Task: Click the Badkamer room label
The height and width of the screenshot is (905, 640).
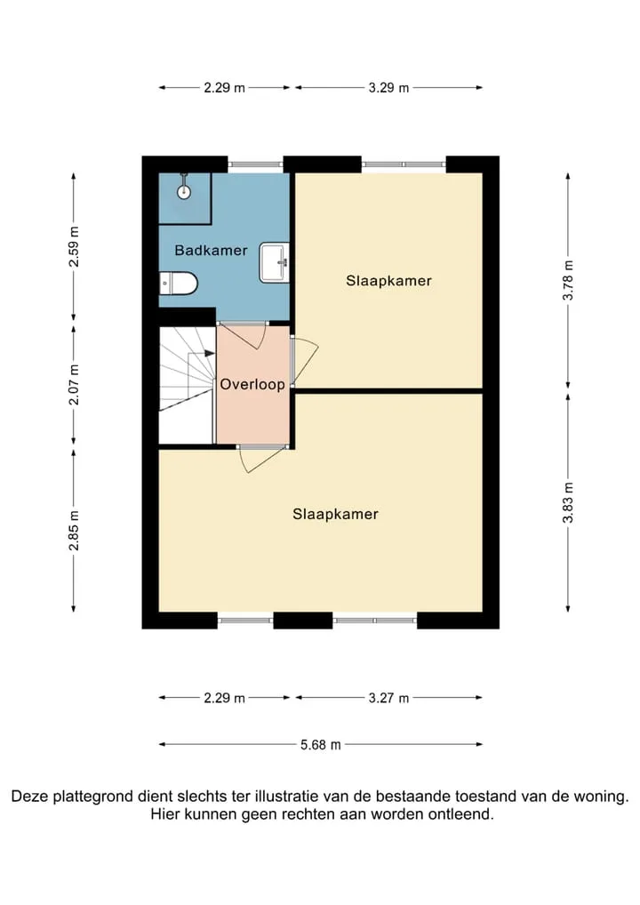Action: pyautogui.click(x=212, y=251)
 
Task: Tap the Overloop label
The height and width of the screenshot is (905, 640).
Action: pyautogui.click(x=252, y=384)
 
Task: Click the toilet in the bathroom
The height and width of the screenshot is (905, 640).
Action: pyautogui.click(x=179, y=284)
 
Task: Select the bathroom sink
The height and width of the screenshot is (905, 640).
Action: pyautogui.click(x=274, y=262)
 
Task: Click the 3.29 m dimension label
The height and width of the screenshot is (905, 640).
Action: pyautogui.click(x=388, y=88)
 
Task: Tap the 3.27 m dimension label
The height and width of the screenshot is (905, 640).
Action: pyautogui.click(x=388, y=698)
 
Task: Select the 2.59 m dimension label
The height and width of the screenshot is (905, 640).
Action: pyautogui.click(x=74, y=246)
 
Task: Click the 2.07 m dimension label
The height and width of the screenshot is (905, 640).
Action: pyautogui.click(x=74, y=384)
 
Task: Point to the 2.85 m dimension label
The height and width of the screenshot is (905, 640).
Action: pyautogui.click(x=74, y=530)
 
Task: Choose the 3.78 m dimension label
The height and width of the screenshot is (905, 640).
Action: pyautogui.click(x=568, y=280)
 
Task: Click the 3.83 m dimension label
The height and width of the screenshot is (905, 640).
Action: pyautogui.click(x=568, y=502)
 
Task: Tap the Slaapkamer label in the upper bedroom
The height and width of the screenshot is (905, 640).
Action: pyautogui.click(x=388, y=281)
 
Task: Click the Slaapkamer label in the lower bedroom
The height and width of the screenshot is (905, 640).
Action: pyautogui.click(x=335, y=514)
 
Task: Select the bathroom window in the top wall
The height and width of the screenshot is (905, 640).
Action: pyautogui.click(x=255, y=164)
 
